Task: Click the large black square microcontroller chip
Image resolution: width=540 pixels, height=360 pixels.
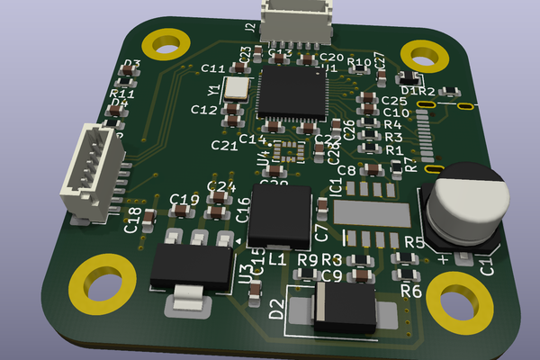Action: tap(292, 94)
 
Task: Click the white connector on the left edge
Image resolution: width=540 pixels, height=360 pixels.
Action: tap(90, 174)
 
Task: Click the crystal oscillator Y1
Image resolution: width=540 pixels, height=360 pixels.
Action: tap(237, 87)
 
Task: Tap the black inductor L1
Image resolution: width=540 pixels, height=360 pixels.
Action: tap(280, 217)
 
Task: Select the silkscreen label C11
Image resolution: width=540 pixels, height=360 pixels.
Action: tap(213, 69)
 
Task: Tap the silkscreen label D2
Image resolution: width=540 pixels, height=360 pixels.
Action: tap(276, 310)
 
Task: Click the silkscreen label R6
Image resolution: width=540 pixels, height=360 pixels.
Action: tap(410, 291)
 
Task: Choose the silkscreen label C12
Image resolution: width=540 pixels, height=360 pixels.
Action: tap(204, 111)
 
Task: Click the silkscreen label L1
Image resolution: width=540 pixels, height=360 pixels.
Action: tap(277, 259)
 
